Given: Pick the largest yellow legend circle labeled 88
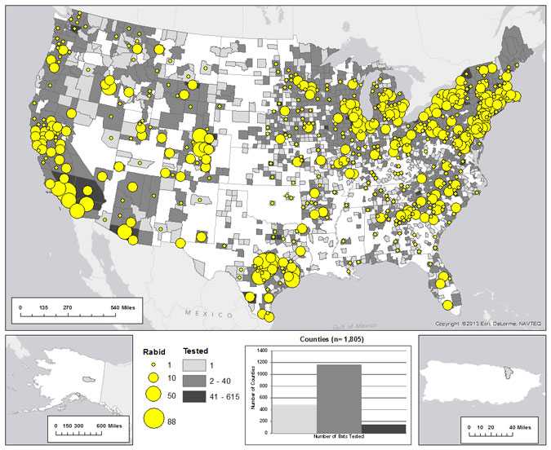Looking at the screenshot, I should click(x=153, y=419).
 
